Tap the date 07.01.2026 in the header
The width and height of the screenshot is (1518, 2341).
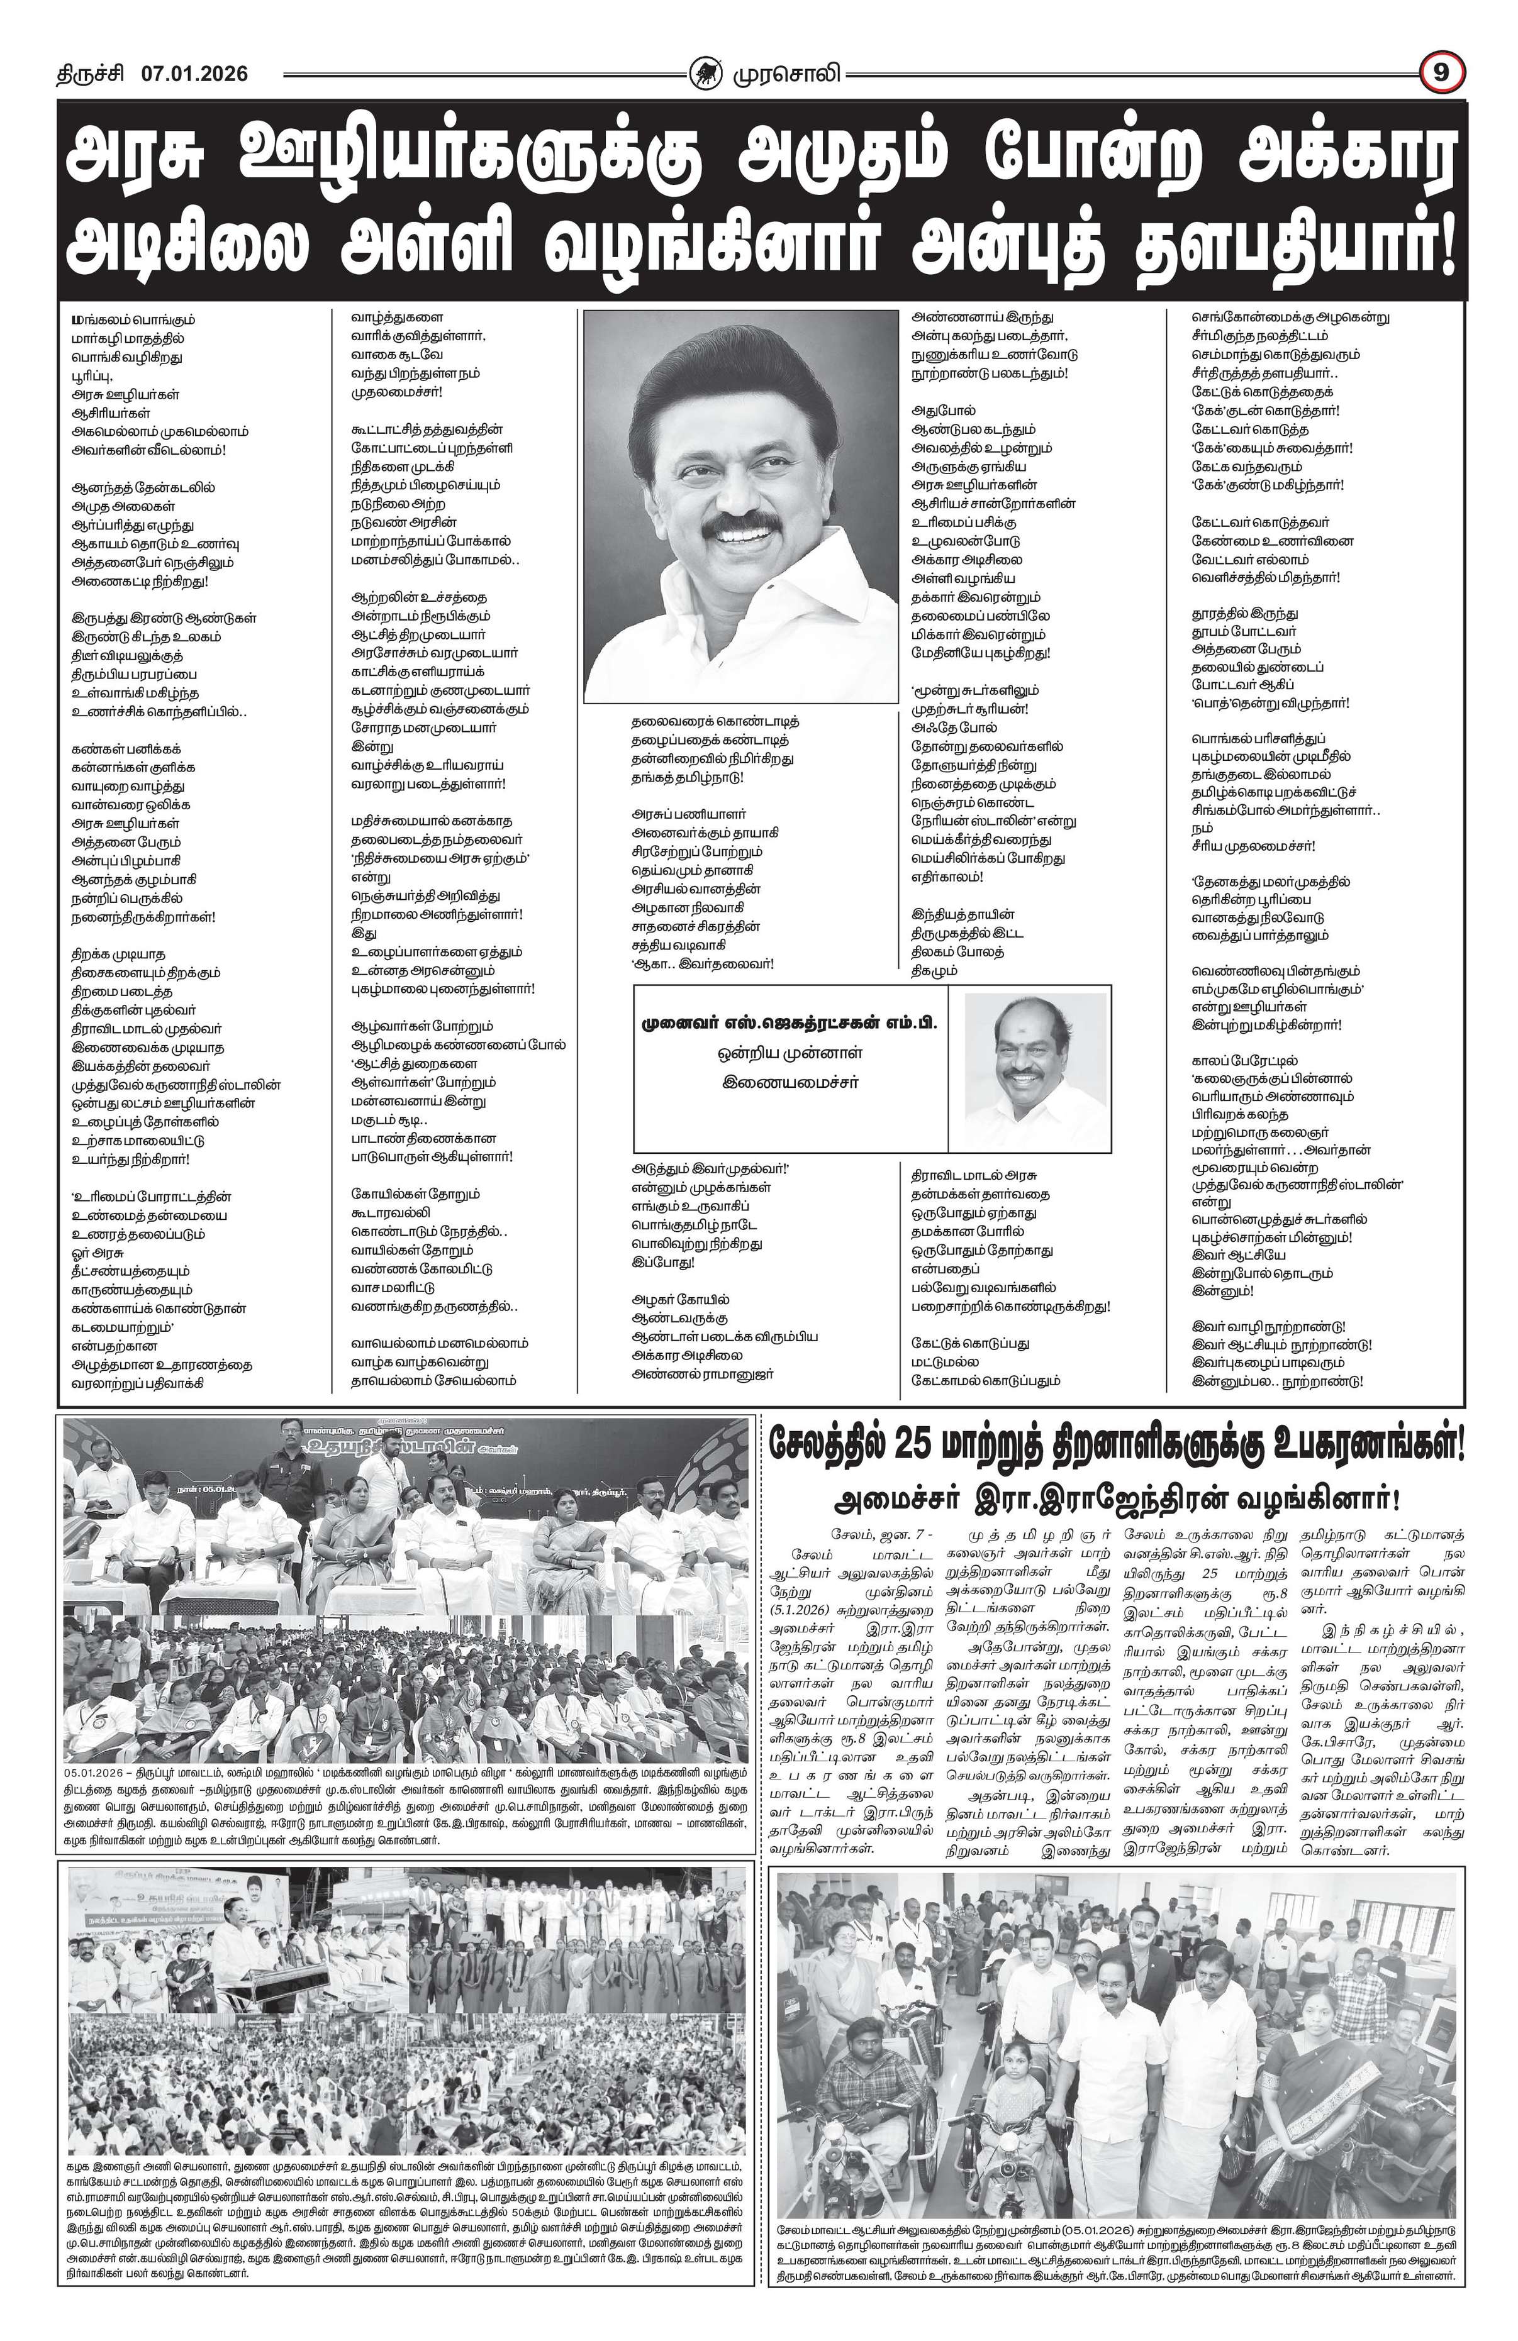(x=194, y=74)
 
